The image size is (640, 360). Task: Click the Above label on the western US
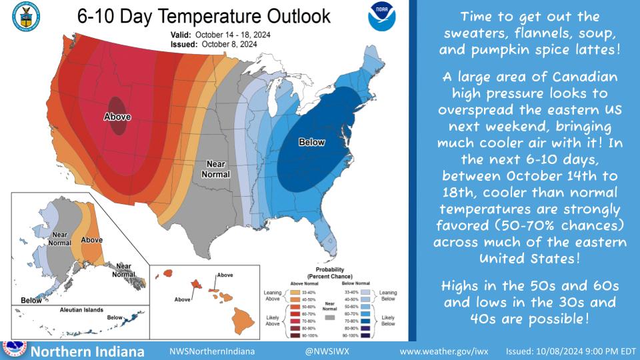coord(117,117)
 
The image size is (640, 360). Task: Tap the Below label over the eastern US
coord(311,142)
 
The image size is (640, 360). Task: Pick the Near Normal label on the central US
coord(214,169)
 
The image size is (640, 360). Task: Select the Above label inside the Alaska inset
coord(91,239)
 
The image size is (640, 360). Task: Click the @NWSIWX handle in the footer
coord(324,351)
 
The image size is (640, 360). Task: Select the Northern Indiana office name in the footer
coord(88,351)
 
